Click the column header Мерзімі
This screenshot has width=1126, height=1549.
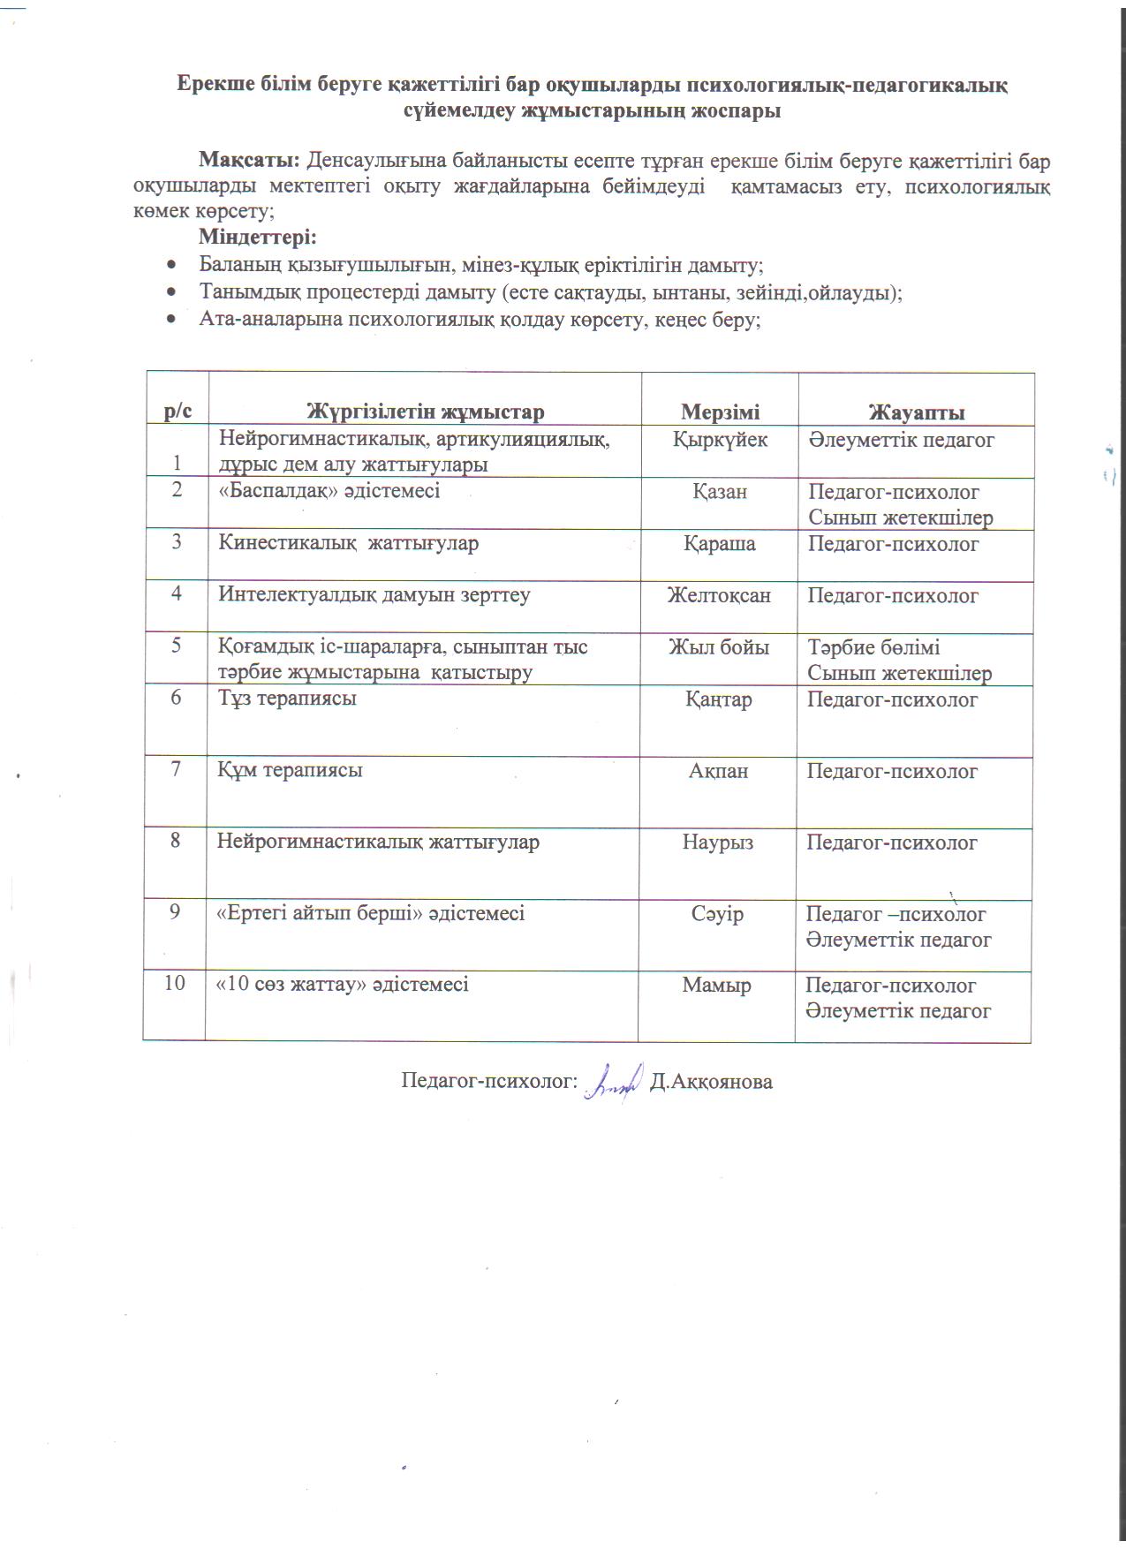point(720,412)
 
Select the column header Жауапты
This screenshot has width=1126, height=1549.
point(917,412)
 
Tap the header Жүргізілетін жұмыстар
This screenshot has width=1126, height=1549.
point(425,412)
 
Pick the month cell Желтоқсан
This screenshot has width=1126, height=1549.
point(719,595)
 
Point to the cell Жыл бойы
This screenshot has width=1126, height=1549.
point(719,647)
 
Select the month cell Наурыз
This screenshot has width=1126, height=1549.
point(718,842)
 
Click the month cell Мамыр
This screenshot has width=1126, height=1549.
point(717,985)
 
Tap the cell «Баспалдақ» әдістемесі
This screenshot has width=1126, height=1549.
point(329,490)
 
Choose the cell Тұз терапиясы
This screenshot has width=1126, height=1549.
point(288,699)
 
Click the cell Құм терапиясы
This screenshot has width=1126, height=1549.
point(291,770)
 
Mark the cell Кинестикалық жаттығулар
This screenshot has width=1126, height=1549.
point(349,543)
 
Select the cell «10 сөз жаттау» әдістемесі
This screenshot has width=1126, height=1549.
point(343,984)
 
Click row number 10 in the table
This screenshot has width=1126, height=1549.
point(175,982)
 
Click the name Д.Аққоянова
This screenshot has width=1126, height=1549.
point(711,1082)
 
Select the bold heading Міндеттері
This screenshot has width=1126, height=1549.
point(257,238)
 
